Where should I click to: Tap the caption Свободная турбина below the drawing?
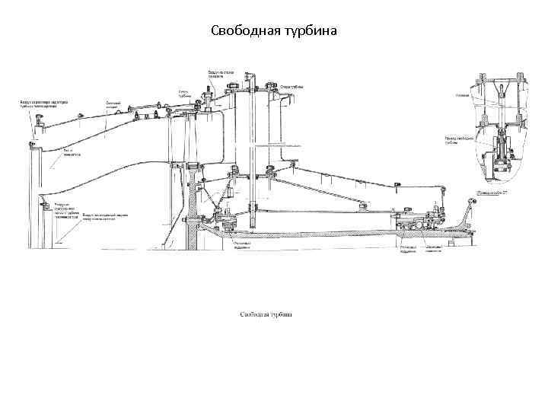pos(266,314)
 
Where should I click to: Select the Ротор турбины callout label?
pos(184,94)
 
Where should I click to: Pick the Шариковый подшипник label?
pos(435,249)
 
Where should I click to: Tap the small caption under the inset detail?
pos(492,193)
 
